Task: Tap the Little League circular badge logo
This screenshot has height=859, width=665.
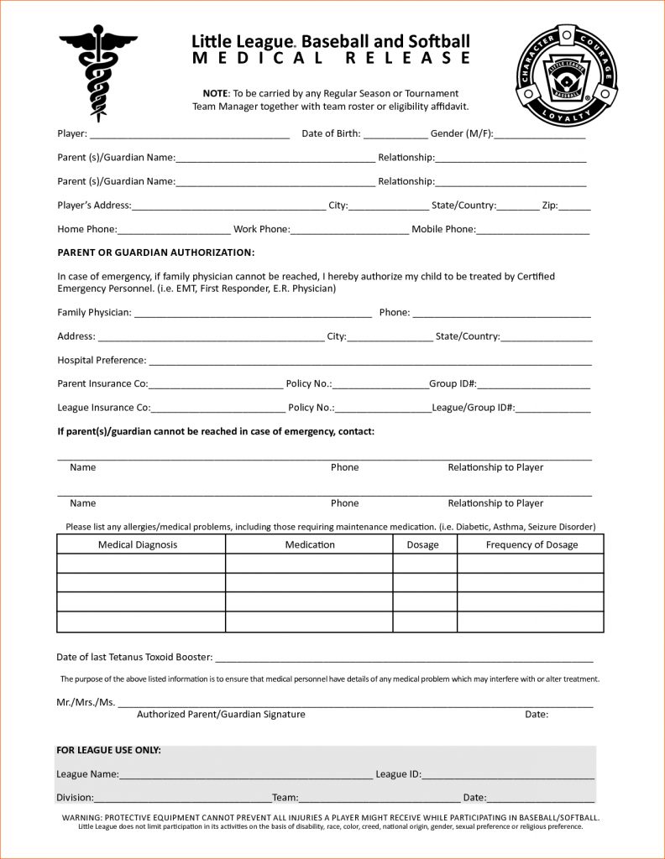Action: [x=567, y=75]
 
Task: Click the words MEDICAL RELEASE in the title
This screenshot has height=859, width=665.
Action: [x=331, y=58]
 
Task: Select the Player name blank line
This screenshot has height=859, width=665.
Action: [x=189, y=134]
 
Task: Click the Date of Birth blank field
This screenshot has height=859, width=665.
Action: [x=395, y=134]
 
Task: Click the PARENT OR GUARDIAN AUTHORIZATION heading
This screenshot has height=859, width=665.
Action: [x=155, y=252]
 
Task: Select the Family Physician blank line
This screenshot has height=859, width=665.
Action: [x=253, y=314]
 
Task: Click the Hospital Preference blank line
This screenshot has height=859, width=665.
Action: [x=369, y=362]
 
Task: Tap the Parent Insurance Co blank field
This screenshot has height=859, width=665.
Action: [x=216, y=385]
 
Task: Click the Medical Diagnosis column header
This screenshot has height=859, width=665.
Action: [x=138, y=545]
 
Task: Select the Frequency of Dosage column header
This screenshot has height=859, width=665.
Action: [x=531, y=545]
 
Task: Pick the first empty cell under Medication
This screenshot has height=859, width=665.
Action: [x=309, y=564]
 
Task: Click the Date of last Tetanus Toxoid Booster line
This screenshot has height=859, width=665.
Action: [x=404, y=659]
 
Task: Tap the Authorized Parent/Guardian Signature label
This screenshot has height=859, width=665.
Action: [x=221, y=715]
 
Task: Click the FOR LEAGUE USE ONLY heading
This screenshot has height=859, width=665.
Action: [x=108, y=750]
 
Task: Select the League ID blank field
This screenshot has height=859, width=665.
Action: [x=508, y=776]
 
